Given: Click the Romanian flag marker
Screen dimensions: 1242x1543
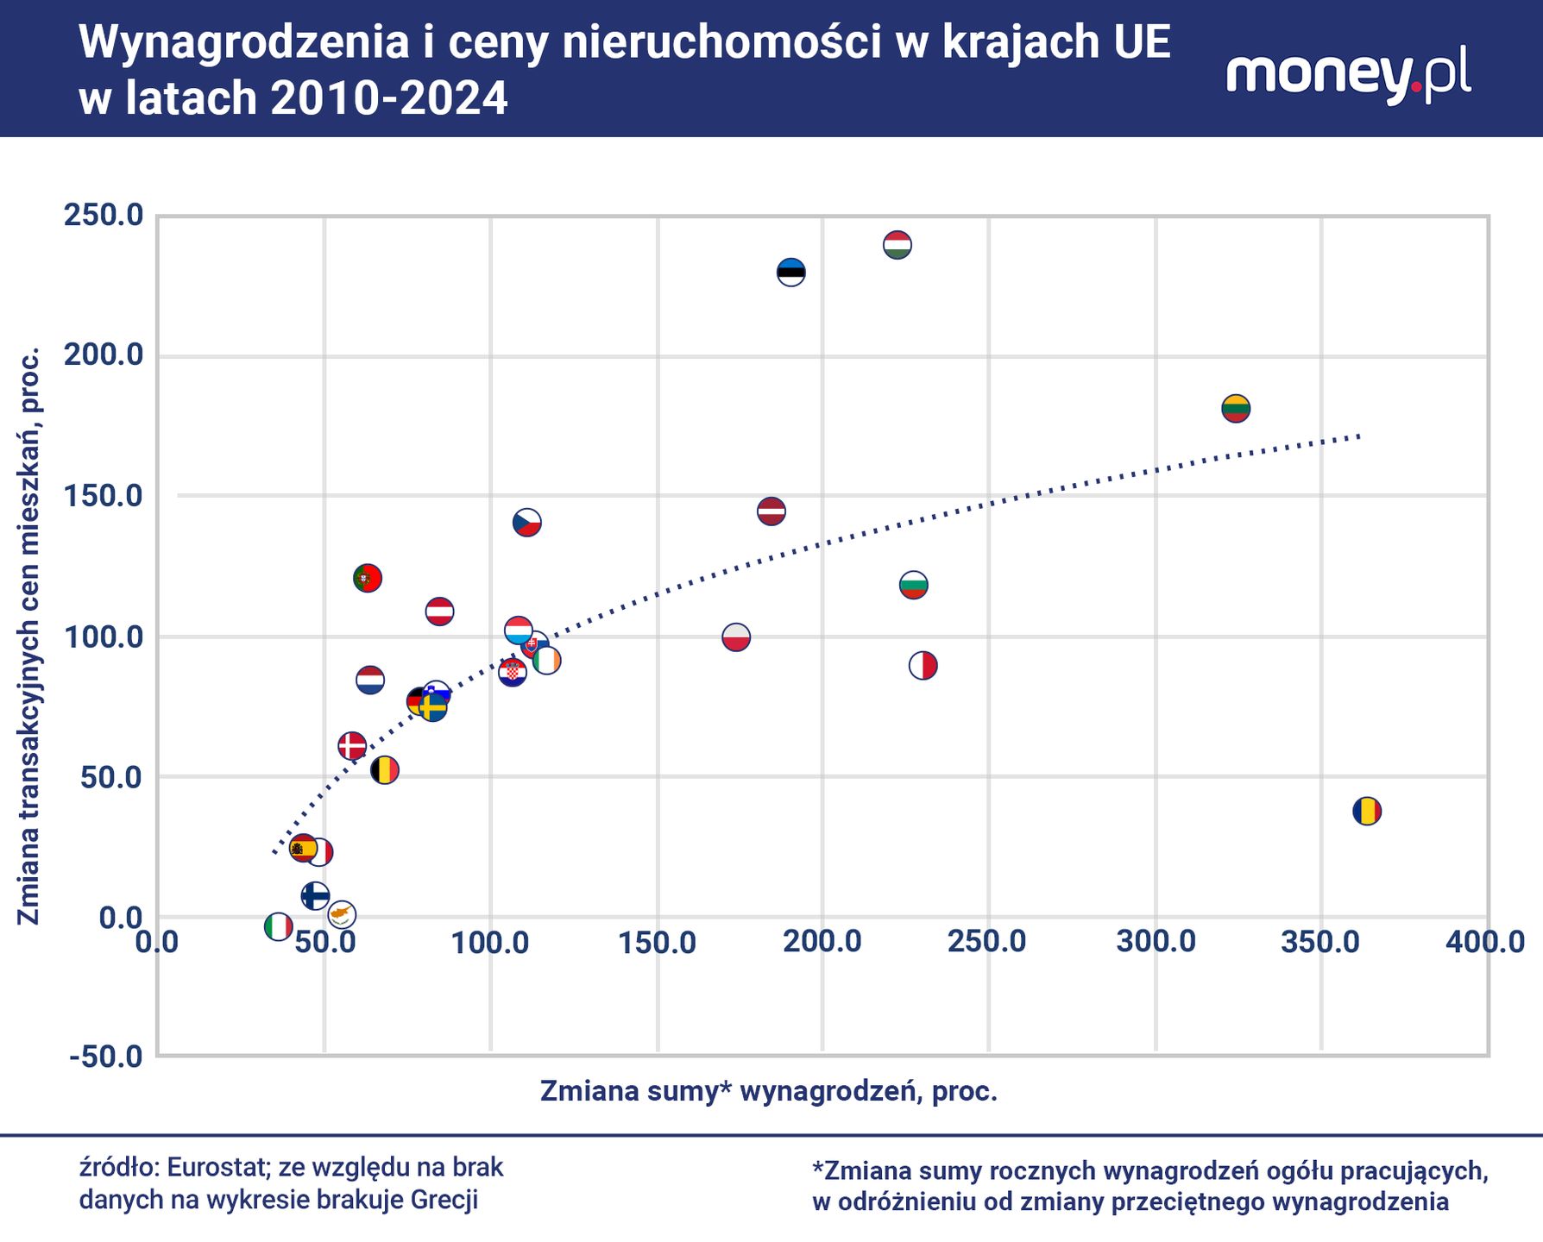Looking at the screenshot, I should coord(1367,811).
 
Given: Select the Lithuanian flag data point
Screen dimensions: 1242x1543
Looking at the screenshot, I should coord(1236,408).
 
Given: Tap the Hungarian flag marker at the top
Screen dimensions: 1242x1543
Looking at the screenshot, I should coord(897,245).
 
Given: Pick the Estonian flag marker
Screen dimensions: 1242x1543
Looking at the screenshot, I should coord(791,273).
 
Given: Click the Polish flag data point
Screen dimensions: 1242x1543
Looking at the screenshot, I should coord(736,637).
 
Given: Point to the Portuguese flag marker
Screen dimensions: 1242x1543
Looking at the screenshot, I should coord(368,578).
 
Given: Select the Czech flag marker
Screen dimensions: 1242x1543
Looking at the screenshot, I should coord(527,522).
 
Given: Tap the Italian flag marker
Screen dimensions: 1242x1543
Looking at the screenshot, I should coord(278,926).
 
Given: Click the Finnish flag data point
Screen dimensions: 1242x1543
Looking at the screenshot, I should coord(315,895).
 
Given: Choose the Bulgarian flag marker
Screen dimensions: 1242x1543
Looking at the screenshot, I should coord(914,585).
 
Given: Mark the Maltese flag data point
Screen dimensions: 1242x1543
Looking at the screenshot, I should coord(923,666).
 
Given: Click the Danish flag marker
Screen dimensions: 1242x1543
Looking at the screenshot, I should coord(352,745).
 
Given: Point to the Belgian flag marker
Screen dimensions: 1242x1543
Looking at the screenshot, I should coord(385,769).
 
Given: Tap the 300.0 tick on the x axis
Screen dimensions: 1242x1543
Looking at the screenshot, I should coord(1156,942).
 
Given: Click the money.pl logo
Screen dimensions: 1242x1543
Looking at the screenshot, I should coord(1349,75).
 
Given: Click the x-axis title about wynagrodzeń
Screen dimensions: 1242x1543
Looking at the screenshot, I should coord(769,1091).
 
